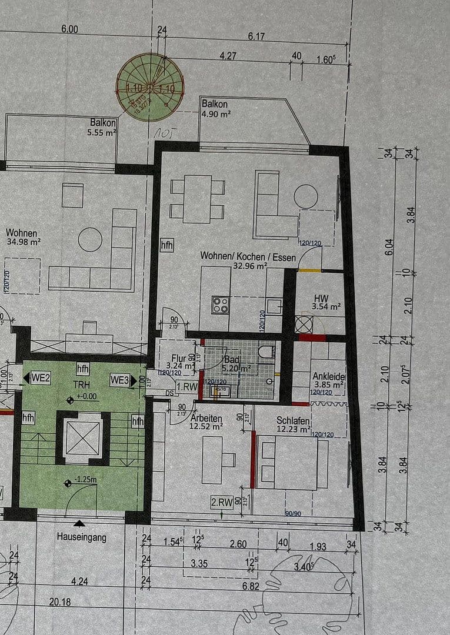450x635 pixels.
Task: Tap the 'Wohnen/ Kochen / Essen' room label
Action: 234,256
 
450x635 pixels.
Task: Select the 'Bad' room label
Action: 231,360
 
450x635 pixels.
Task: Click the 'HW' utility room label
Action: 321,298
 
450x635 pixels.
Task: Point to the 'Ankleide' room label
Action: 329,377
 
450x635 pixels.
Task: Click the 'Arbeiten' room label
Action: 206,417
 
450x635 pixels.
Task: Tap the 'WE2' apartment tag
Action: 39,378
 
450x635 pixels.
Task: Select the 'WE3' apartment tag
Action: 119,380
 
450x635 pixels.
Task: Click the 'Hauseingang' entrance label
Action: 82,537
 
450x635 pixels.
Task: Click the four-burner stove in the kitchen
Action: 221,305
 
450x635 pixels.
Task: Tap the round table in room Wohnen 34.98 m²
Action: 90,239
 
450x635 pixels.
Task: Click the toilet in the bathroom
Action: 265,353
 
